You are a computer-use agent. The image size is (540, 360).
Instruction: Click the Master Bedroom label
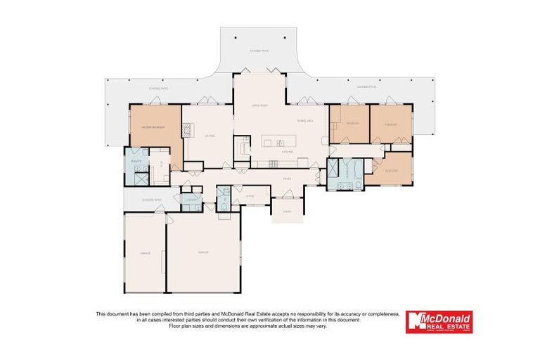[153, 127]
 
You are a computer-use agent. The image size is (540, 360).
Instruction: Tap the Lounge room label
[209, 136]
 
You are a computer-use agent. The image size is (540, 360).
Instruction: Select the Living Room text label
[260, 105]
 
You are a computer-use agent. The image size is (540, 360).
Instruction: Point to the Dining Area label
[305, 121]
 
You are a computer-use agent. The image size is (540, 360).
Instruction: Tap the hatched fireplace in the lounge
[187, 130]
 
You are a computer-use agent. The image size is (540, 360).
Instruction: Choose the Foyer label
[287, 179]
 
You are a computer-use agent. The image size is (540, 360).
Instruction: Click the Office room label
[250, 196]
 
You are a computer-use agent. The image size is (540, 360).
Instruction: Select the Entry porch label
[287, 210]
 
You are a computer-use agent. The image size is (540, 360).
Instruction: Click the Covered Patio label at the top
[259, 51]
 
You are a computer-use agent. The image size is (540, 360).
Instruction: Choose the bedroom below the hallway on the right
[392, 171]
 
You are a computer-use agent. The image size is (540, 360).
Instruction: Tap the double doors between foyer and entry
[288, 198]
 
